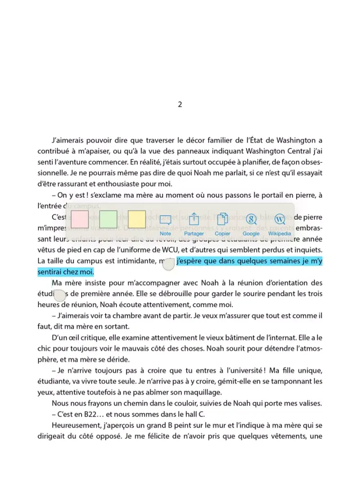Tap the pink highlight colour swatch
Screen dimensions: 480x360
coord(79,219)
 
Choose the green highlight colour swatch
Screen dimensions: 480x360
coord(108,219)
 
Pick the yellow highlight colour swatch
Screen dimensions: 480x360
coord(137,219)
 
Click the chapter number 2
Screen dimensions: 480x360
coord(180,104)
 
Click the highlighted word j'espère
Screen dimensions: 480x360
coord(190,261)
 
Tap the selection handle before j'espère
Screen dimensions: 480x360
coord(168,262)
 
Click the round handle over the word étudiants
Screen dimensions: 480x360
coord(59,295)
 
